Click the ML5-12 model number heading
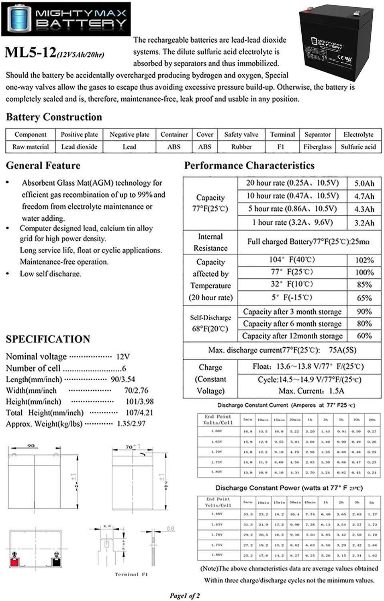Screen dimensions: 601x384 pos(31,53)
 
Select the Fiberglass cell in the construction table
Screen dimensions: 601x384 pos(317,147)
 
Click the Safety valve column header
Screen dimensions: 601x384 pos(241,134)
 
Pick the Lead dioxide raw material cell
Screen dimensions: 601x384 pos(79,147)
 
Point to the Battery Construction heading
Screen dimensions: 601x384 pos(54,117)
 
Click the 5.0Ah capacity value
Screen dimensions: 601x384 pos(364,183)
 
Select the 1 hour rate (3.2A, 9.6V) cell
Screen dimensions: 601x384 pos(292,222)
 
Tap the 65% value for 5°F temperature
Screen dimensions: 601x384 pos(364,298)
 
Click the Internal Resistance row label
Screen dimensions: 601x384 pos(210,242)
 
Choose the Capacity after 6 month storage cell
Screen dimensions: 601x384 pos(292,324)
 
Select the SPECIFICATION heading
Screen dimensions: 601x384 pos(48,339)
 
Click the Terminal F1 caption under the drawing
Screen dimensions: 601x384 pos(131,574)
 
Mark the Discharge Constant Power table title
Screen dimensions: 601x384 pos(289,488)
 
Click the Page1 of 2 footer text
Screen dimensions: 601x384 pos(184,595)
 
